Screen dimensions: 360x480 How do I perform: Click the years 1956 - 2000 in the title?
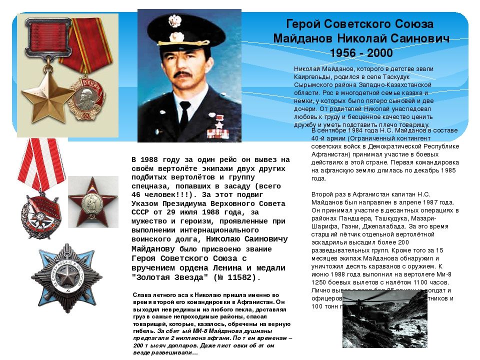[x=361, y=53]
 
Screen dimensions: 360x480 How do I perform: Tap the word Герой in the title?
[x=301, y=24]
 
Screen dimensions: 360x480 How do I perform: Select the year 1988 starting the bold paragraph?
[x=151, y=159]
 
